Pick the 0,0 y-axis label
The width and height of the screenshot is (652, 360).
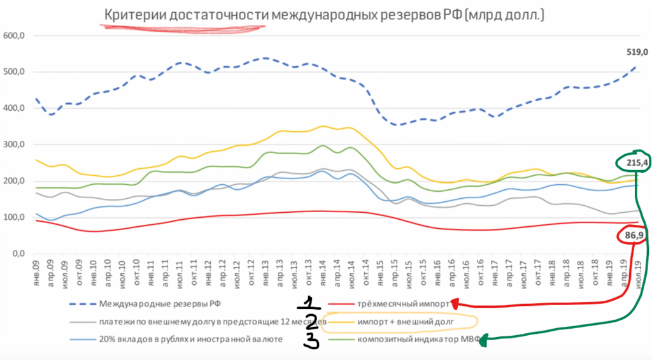pyautogui.click(x=16, y=254)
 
